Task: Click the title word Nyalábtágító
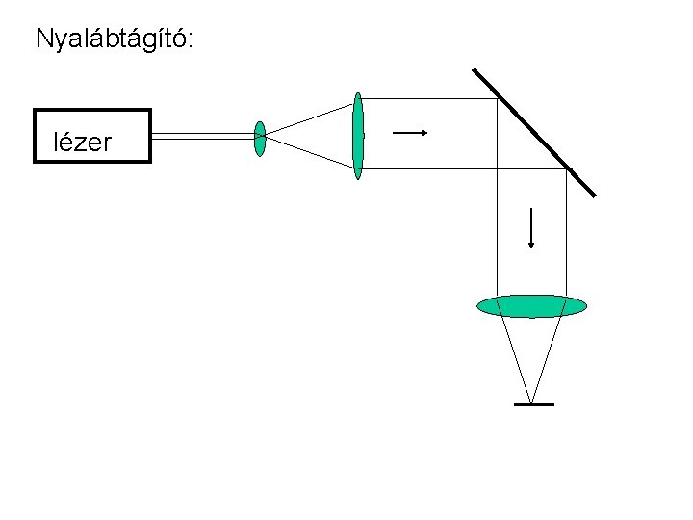pos(115,39)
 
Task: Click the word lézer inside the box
pos(83,143)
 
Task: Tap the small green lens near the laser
pos(260,139)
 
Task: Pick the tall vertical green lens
pos(358,136)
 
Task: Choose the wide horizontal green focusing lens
pos(532,306)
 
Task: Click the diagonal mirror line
pos(534,132)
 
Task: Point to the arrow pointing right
pos(409,132)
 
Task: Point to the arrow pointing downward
pos(531,226)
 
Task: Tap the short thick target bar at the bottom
pos(533,403)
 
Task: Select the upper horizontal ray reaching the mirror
pos(428,98)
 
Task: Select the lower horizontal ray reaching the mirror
pos(462,169)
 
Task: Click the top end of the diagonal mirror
pos(475,69)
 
